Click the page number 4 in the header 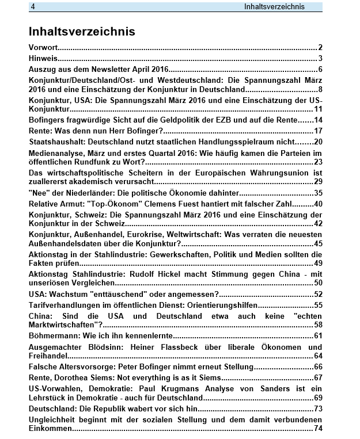(34, 7)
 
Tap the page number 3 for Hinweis (320, 59)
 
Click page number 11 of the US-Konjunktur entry (318, 109)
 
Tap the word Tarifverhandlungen (66, 305)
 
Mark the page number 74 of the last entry (318, 429)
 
